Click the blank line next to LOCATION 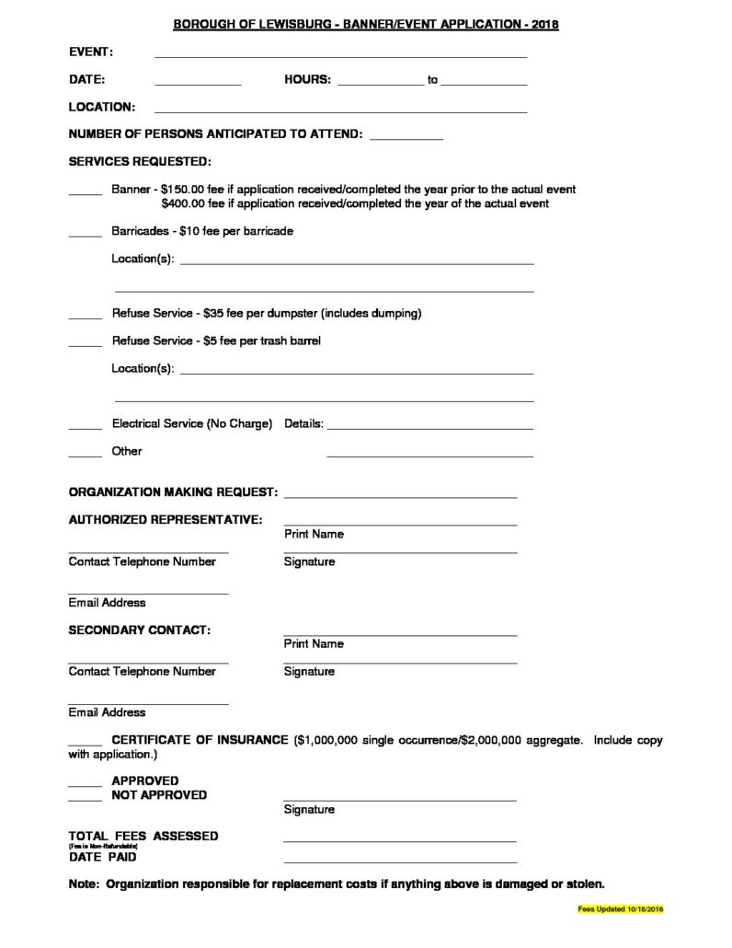tap(340, 110)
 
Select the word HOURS tap(307, 80)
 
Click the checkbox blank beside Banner tap(86, 192)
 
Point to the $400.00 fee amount tap(183, 203)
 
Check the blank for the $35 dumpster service tap(86, 317)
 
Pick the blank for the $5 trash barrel tap(86, 344)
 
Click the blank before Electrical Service tap(86, 427)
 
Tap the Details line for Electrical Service tap(429, 427)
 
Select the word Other tap(127, 452)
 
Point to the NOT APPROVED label tap(159, 795)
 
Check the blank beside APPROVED tap(86, 784)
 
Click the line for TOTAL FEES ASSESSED tap(400, 839)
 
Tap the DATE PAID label tap(103, 857)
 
